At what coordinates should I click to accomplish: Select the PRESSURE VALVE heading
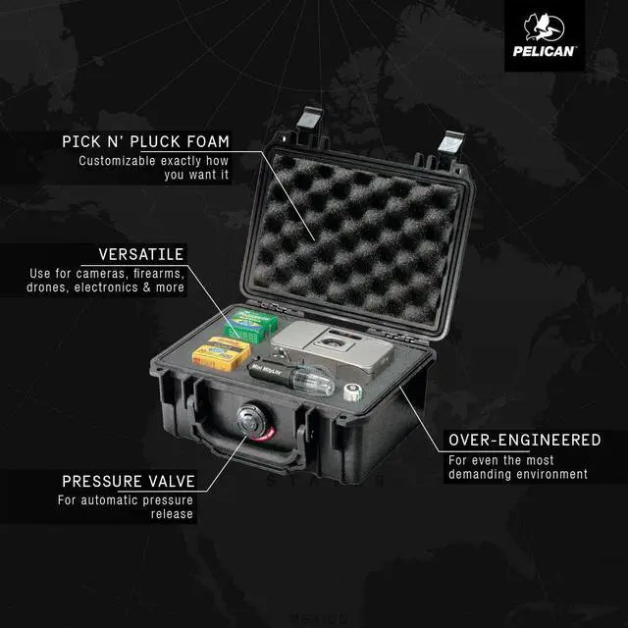[x=129, y=481]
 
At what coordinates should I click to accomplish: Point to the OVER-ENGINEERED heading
[x=524, y=441]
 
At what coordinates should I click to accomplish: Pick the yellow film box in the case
[x=219, y=352]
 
